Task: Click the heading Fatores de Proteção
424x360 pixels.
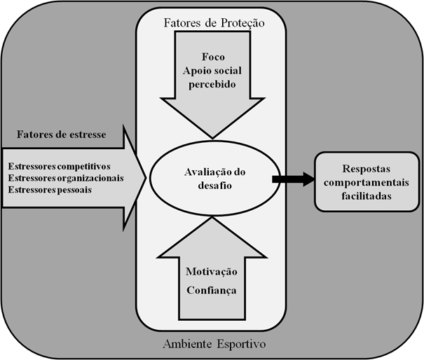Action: tap(214, 22)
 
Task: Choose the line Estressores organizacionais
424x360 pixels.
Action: tap(65, 177)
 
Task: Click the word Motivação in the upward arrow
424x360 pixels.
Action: tap(212, 272)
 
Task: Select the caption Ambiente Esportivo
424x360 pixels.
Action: tap(214, 344)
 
